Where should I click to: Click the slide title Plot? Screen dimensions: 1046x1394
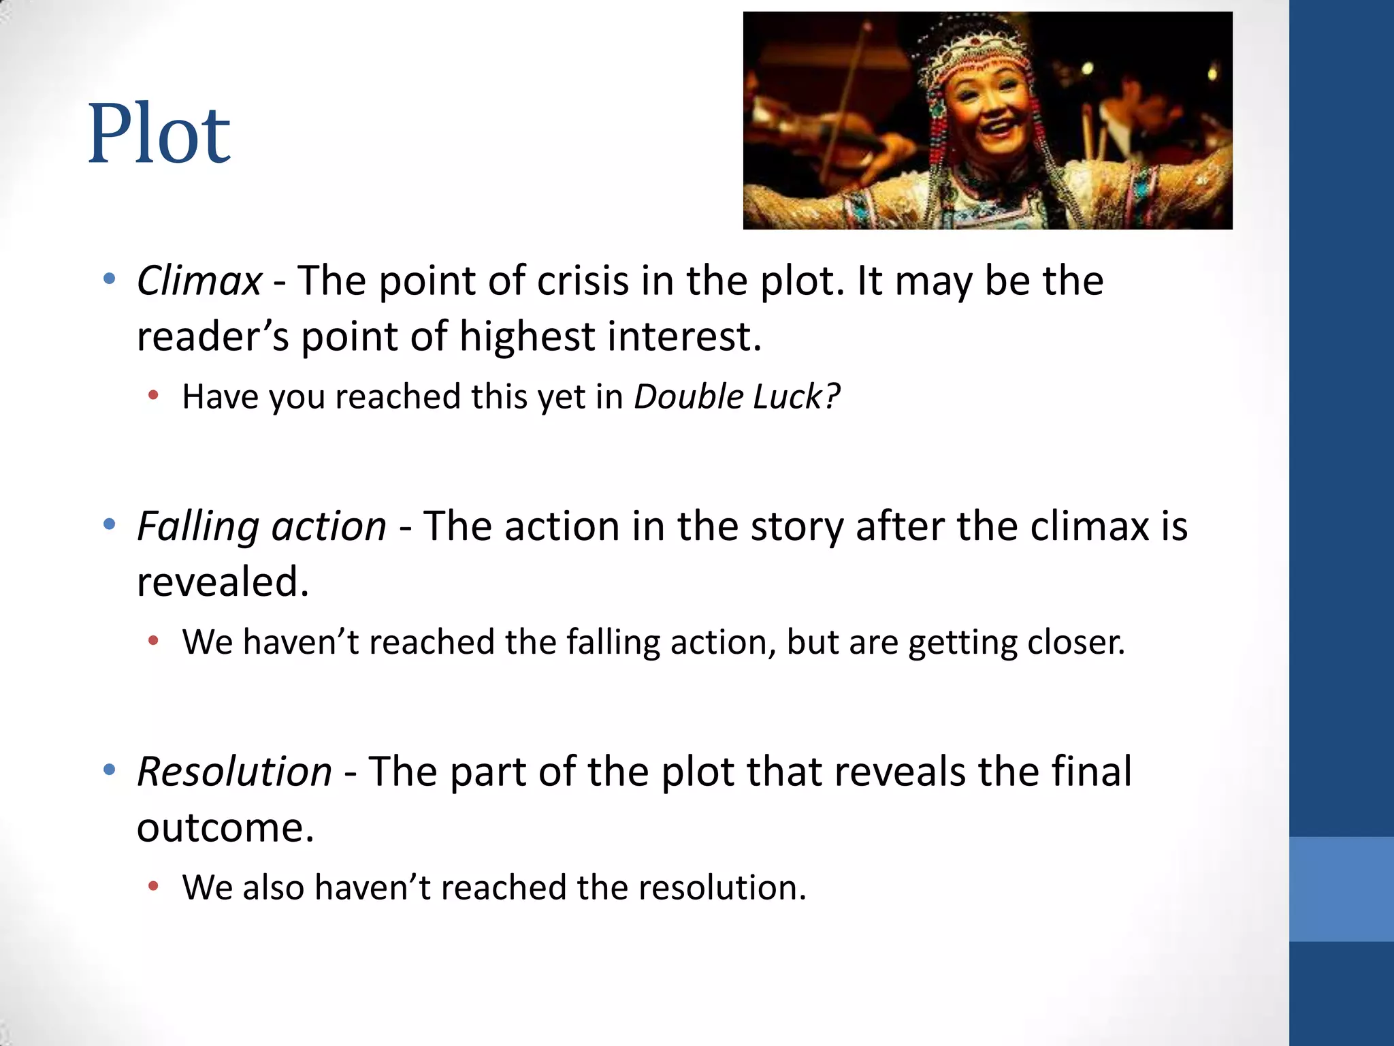coord(159,133)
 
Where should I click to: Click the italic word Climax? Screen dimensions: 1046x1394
coord(199,281)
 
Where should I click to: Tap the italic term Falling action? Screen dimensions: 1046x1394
coord(261,526)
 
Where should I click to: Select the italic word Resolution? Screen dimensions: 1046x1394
coord(234,772)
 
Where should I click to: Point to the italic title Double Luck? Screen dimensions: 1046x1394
coord(736,396)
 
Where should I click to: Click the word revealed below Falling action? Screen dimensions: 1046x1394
coord(223,582)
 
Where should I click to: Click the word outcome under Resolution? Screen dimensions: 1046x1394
coord(225,827)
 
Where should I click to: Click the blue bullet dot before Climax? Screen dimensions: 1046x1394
coord(109,279)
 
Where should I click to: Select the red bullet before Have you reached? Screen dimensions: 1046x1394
coord(153,395)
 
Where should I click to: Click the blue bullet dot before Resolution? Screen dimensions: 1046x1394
coord(109,770)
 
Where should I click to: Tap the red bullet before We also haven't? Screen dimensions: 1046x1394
coord(153,886)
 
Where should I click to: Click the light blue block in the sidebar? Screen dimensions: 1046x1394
coord(1341,889)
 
